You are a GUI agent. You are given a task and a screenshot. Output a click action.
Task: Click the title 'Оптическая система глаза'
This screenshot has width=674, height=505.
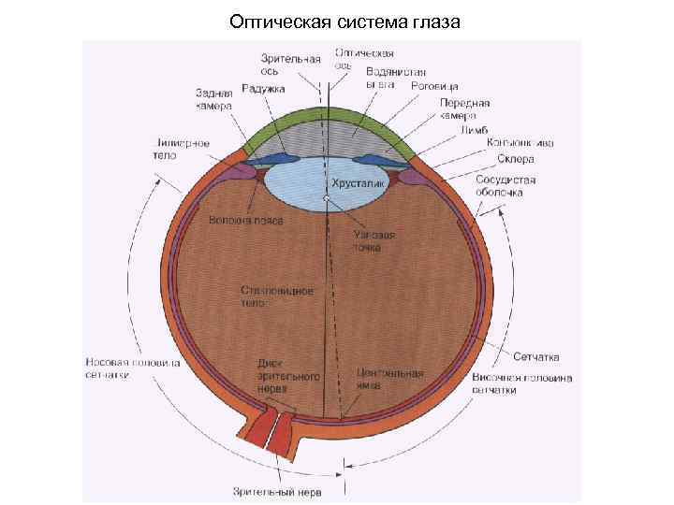[x=345, y=20]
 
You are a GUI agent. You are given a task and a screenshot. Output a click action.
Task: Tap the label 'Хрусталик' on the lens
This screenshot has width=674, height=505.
[x=354, y=185]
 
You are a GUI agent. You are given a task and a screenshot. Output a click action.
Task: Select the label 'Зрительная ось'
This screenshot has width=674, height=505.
[x=284, y=62]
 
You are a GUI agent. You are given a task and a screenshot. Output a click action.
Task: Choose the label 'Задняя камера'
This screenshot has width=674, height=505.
[x=214, y=99]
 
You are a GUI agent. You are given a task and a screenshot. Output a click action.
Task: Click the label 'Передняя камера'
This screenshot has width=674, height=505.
[x=465, y=109]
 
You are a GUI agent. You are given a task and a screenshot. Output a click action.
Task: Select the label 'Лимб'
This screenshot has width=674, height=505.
[x=476, y=131]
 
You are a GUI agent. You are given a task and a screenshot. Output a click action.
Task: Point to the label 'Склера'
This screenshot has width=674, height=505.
[x=516, y=159]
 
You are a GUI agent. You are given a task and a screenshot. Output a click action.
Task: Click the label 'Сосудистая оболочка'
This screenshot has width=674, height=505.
[x=505, y=185]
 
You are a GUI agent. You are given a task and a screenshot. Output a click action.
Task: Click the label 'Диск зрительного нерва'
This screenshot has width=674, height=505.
[x=288, y=375]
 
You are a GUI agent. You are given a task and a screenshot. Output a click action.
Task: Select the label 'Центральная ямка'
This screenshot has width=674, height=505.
[x=389, y=379]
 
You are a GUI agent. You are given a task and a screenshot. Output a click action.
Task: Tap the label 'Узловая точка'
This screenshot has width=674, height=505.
[x=374, y=242]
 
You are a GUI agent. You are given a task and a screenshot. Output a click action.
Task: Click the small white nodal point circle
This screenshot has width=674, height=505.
[x=326, y=199]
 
